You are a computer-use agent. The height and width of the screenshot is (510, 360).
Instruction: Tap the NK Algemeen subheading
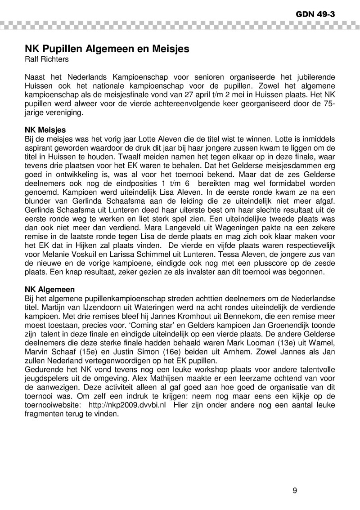pyautogui.click(x=49, y=289)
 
